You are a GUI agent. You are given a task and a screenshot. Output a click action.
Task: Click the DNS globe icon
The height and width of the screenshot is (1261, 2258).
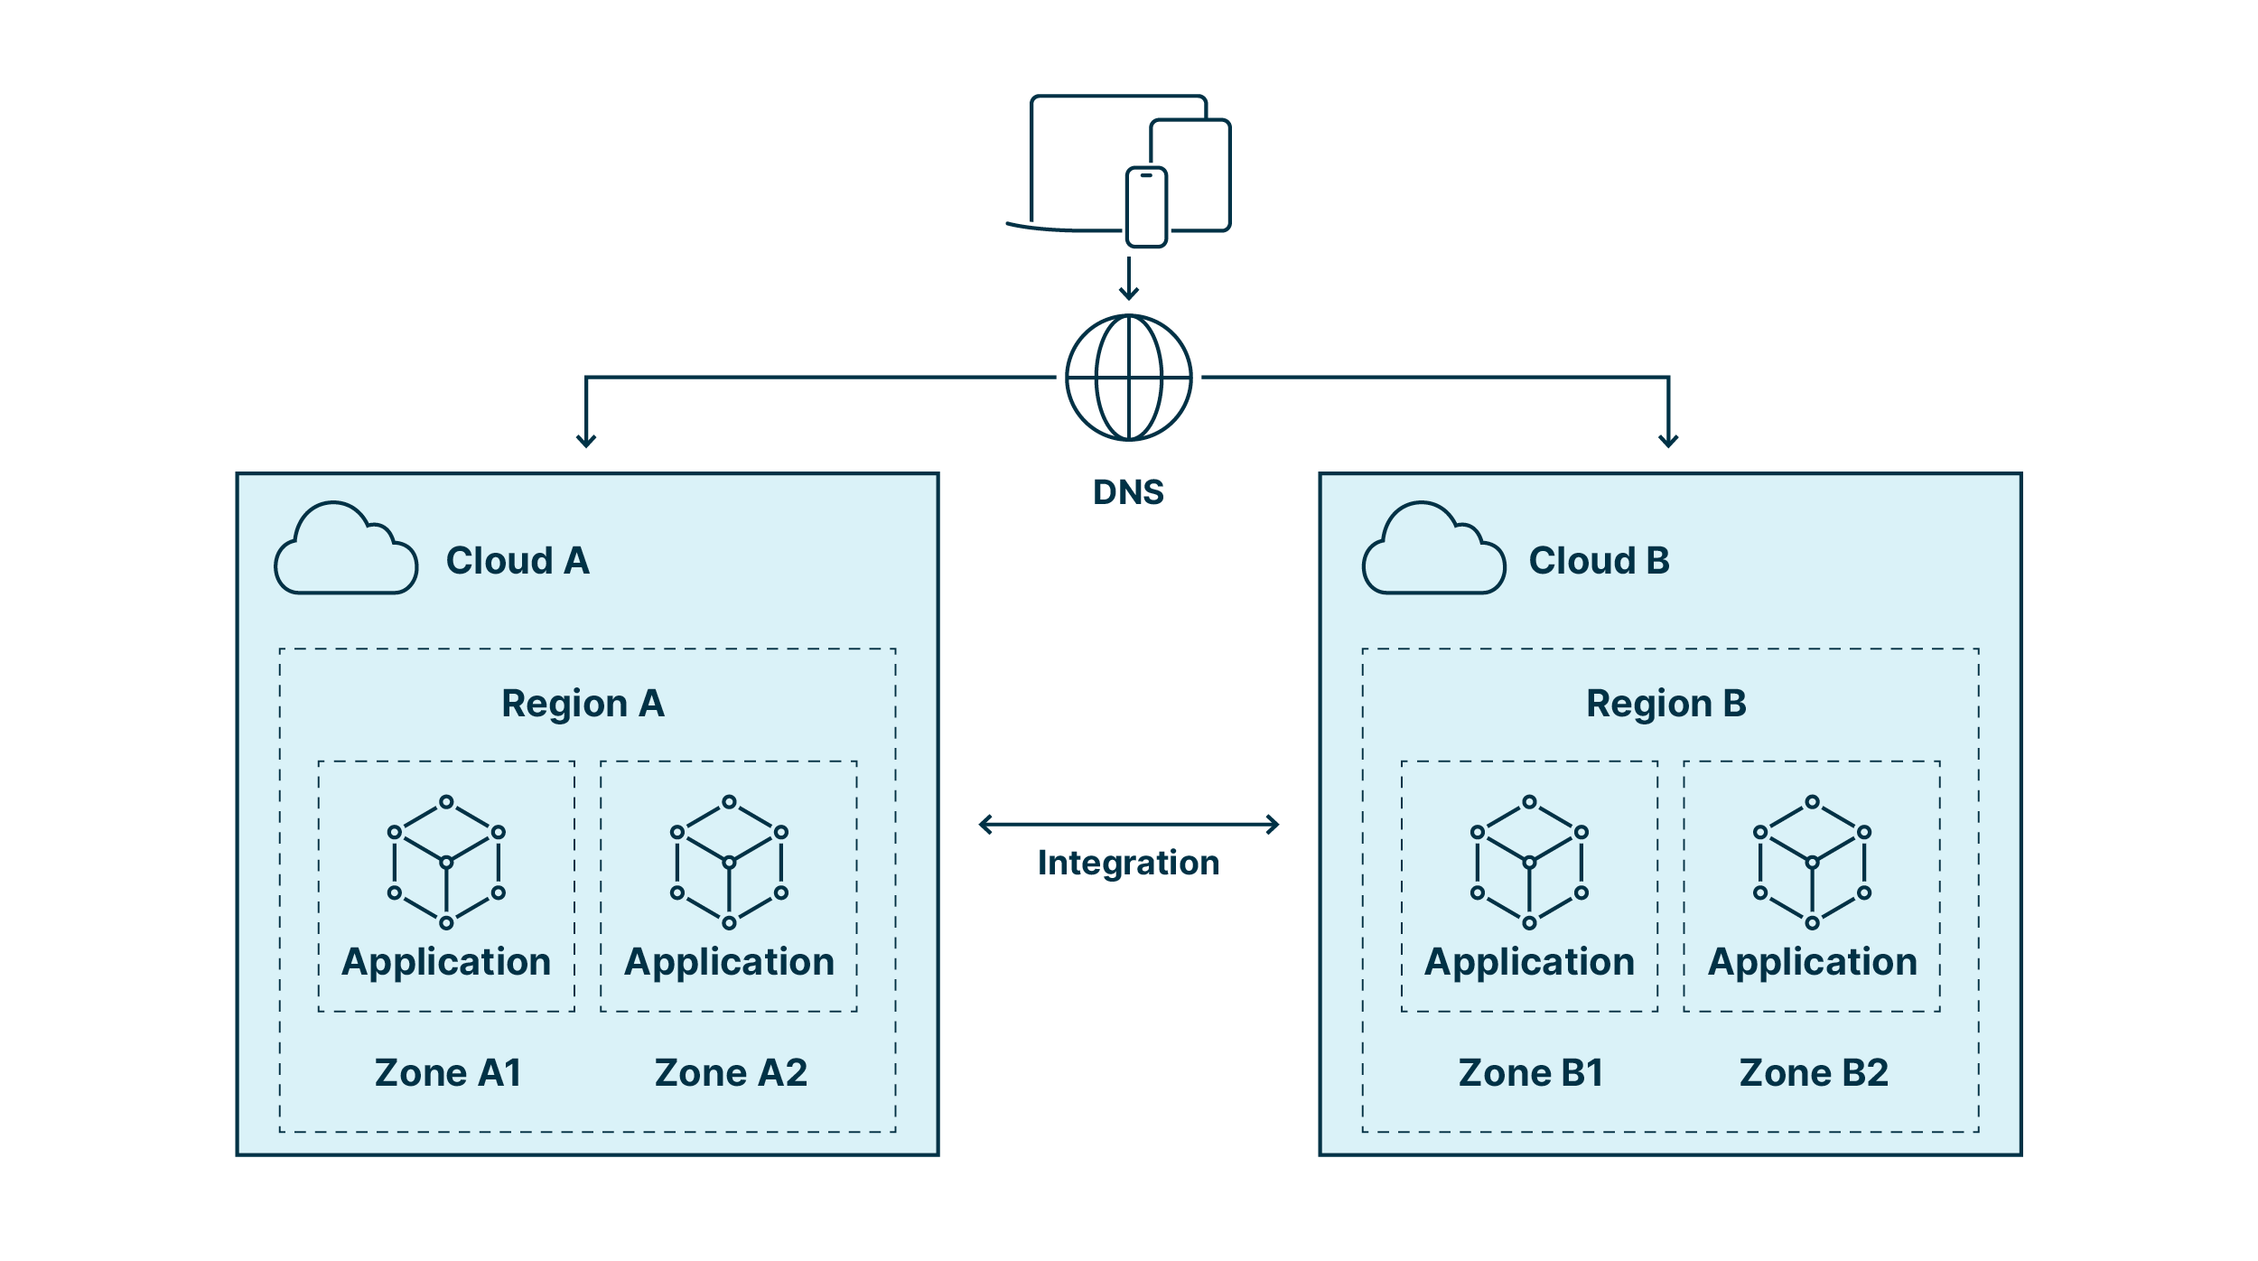[1128, 378]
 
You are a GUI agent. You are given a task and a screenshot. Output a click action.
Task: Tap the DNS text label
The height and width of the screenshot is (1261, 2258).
[1128, 492]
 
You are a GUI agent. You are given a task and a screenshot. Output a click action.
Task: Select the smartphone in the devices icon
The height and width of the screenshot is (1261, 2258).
[1146, 207]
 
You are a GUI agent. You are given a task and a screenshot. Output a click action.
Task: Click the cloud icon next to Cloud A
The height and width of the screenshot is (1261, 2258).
[346, 551]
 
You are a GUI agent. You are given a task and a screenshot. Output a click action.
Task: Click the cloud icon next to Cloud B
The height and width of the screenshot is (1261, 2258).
[1433, 551]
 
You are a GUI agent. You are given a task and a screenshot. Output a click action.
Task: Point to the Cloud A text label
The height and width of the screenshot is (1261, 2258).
[518, 561]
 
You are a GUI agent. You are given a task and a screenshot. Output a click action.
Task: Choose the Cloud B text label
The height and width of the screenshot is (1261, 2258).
[1599, 561]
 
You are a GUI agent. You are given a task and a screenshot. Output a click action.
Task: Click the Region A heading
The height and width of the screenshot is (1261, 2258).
[583, 704]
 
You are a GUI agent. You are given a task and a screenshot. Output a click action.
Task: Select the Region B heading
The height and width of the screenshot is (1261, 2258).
[1666, 704]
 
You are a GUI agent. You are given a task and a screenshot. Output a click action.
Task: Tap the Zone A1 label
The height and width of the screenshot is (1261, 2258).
[448, 1073]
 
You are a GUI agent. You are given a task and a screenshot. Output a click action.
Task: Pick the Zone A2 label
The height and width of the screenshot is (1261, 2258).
[731, 1073]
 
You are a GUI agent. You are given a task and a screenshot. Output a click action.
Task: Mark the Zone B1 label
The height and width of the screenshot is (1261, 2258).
[1531, 1073]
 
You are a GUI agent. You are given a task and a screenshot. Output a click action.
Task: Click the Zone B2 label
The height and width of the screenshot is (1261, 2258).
[1814, 1073]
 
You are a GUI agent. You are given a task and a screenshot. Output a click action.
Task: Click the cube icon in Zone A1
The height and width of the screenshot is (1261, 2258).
[446, 863]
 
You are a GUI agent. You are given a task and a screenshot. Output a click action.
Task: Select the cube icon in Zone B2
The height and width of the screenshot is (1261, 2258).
[1812, 863]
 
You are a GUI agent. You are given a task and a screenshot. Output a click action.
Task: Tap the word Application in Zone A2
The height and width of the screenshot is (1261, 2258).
[729, 962]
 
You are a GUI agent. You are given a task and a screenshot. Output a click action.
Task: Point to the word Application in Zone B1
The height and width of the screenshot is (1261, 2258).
[1529, 962]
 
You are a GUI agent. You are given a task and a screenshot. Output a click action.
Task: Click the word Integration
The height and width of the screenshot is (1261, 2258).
[1128, 863]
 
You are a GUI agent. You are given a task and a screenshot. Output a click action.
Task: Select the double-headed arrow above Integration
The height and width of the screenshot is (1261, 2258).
[1128, 824]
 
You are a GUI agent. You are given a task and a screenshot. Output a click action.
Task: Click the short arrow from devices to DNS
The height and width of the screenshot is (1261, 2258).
[1128, 278]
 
